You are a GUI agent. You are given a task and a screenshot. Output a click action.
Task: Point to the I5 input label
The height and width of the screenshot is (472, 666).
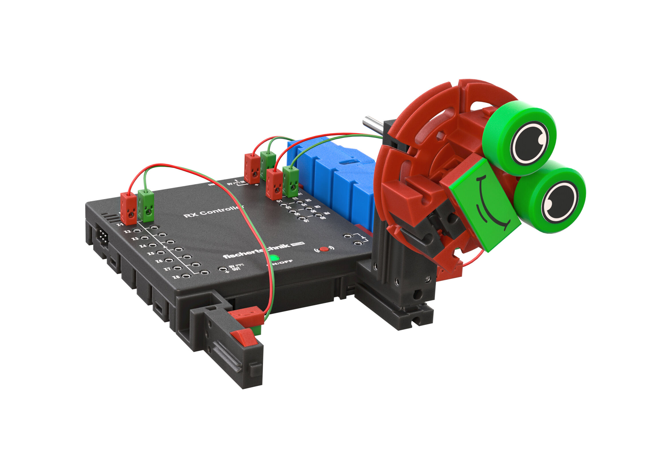point(151,253)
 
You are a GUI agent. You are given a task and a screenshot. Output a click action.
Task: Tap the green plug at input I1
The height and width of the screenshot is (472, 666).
point(146,205)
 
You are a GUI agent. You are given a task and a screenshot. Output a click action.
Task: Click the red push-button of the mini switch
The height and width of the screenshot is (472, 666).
point(243,337)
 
